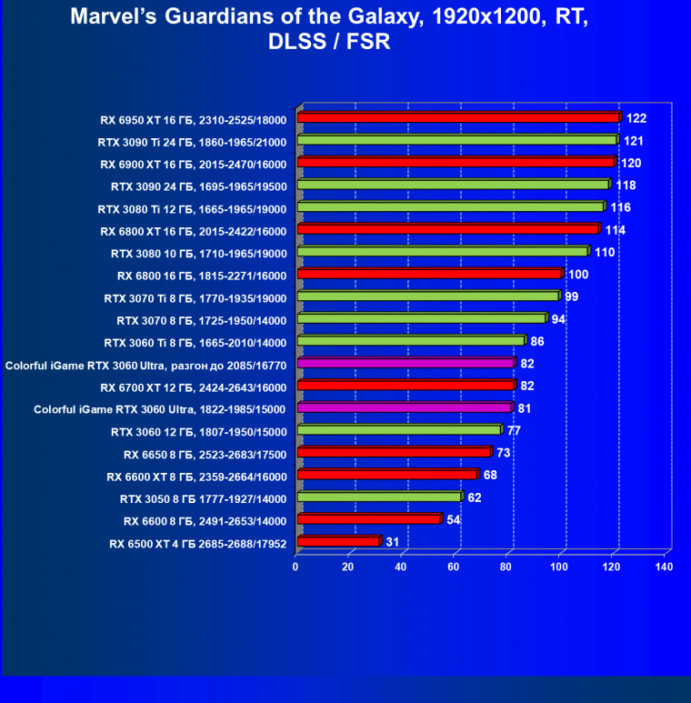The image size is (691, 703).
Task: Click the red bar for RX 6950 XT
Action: pyautogui.click(x=457, y=117)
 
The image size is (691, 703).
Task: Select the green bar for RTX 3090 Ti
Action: pyautogui.click(x=456, y=140)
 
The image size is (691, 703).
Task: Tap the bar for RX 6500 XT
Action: pyautogui.click(x=337, y=542)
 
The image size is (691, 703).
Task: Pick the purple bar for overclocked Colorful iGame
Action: pyautogui.click(x=405, y=363)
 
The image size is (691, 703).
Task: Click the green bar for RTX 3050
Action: pyautogui.click(x=378, y=497)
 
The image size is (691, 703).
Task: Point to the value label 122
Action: pyautogui.click(x=636, y=118)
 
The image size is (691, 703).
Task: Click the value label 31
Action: pyautogui.click(x=393, y=542)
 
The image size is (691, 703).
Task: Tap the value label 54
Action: pyautogui.click(x=454, y=519)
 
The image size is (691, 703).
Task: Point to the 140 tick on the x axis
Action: pyautogui.click(x=664, y=567)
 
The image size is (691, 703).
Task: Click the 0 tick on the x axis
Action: pyautogui.click(x=295, y=567)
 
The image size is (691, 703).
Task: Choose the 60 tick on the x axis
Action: pyautogui.click(x=454, y=567)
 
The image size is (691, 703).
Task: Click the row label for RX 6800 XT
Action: pyautogui.click(x=194, y=231)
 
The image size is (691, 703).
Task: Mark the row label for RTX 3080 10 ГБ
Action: pyautogui.click(x=198, y=253)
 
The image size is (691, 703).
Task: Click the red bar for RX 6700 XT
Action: pyautogui.click(x=405, y=386)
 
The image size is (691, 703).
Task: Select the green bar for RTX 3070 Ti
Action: pyautogui.click(x=427, y=296)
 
